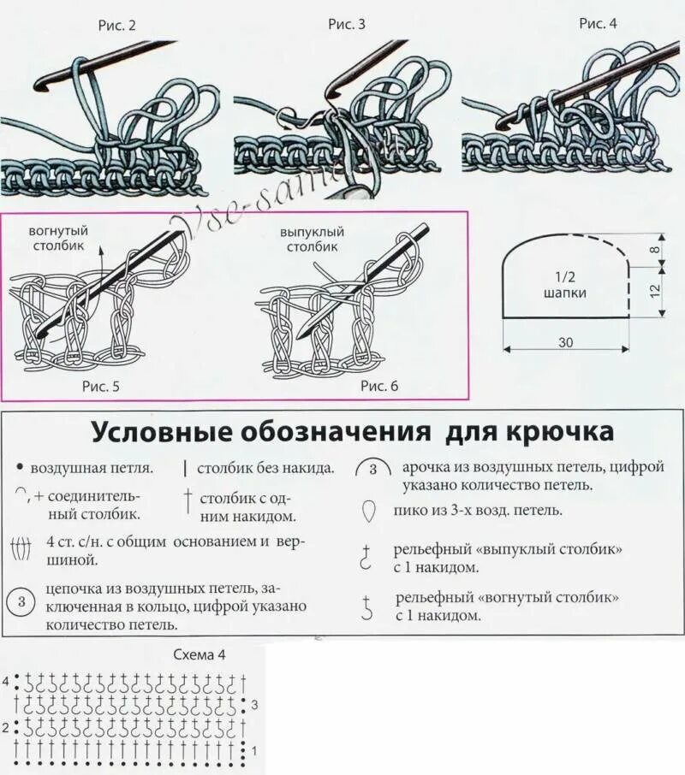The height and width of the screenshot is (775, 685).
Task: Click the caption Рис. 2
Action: (117, 25)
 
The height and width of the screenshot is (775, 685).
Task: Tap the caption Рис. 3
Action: (347, 24)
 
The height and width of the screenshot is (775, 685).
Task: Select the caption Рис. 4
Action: (598, 23)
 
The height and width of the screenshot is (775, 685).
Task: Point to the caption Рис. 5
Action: (100, 386)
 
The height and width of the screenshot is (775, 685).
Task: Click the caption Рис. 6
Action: (379, 386)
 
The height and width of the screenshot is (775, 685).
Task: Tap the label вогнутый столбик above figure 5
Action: (58, 238)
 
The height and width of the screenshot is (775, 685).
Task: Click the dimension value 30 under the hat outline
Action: (566, 342)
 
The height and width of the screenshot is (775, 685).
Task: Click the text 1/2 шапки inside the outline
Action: (565, 285)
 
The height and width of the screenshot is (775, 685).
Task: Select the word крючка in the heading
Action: (572, 431)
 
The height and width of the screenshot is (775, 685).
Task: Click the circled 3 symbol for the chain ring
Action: (21, 602)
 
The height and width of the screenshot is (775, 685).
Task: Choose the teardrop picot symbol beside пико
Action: (369, 512)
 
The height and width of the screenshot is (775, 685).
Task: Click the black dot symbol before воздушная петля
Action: (19, 469)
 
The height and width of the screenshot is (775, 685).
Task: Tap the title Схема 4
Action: (200, 656)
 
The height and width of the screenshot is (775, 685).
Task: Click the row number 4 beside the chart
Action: (6, 682)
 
